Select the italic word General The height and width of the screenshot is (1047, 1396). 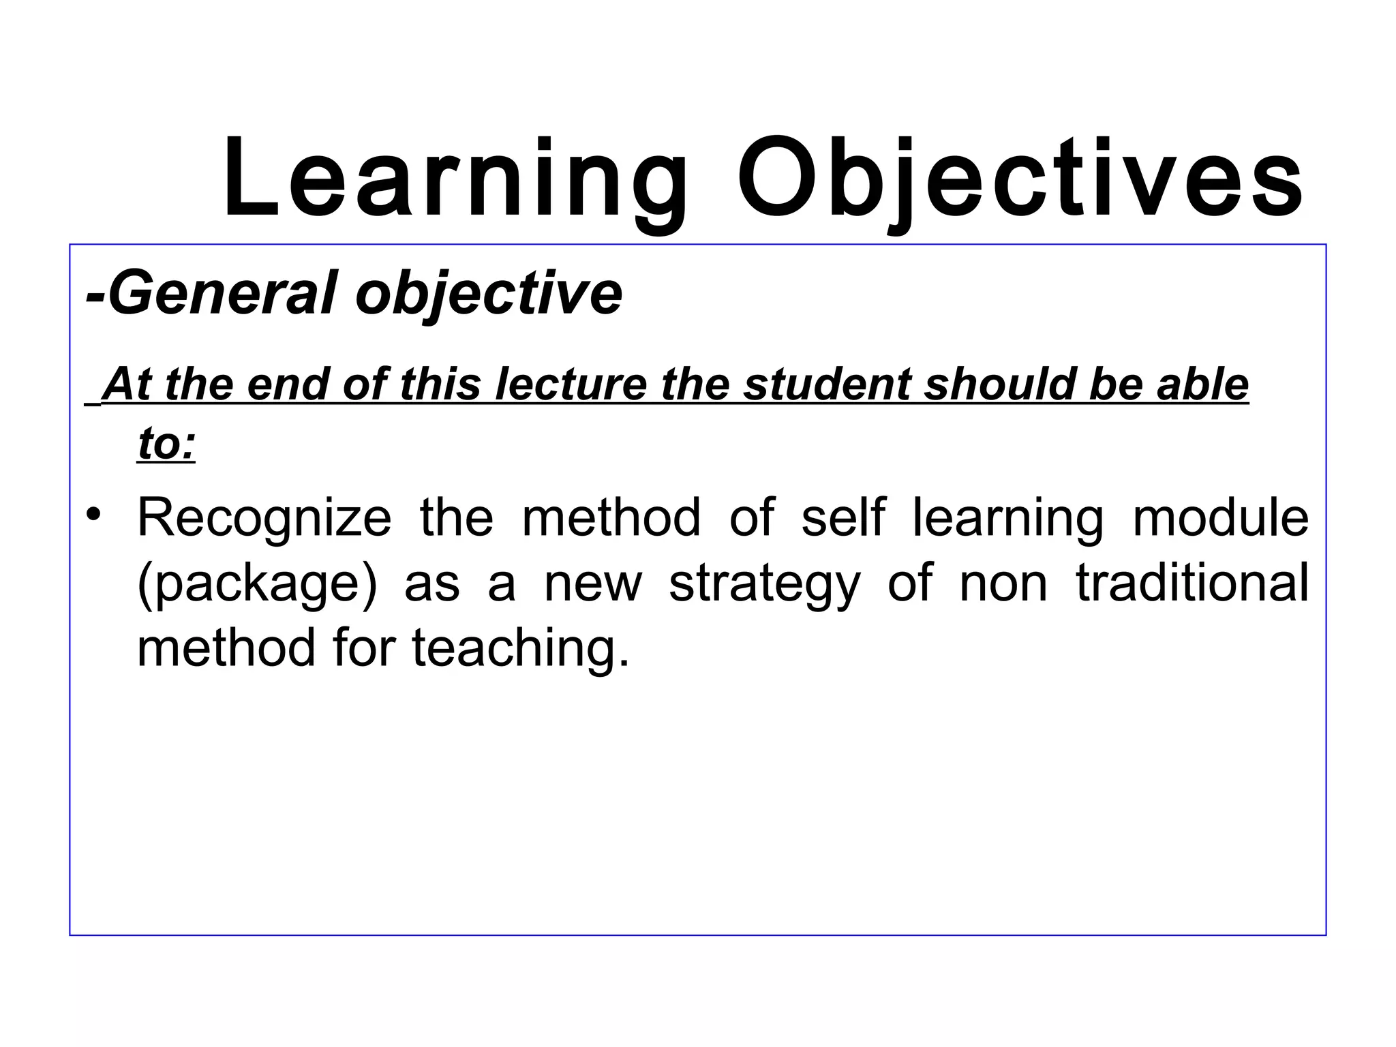(x=222, y=293)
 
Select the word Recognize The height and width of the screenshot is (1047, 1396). (x=264, y=518)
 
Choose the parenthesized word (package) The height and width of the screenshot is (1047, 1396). (x=257, y=583)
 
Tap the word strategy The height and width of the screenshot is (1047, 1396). (x=765, y=583)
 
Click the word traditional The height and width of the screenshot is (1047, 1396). (x=1192, y=582)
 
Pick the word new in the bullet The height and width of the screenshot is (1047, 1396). (x=593, y=583)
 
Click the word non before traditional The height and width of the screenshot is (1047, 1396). (x=1003, y=583)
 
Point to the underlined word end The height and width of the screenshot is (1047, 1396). (x=288, y=384)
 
